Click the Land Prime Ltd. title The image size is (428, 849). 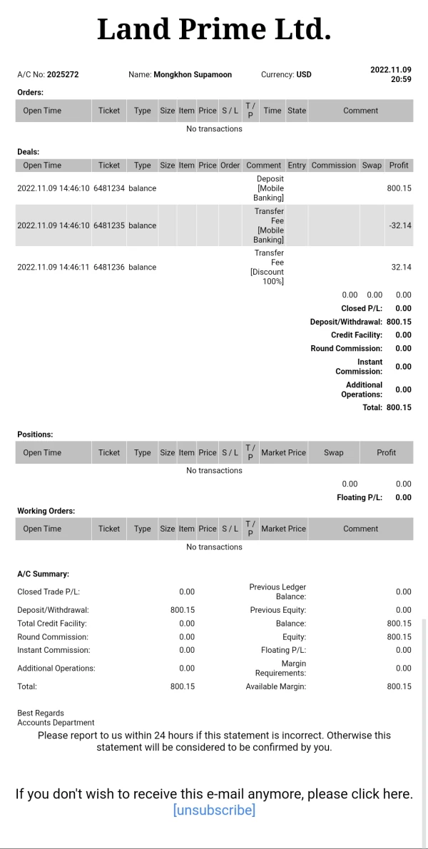[x=214, y=30]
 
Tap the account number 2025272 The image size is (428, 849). [x=63, y=75]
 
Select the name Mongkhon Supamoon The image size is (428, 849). [x=193, y=75]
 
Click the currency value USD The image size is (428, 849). [x=304, y=75]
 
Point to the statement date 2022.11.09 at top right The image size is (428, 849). [x=390, y=70]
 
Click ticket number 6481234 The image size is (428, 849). [x=109, y=188]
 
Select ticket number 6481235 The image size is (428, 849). [x=109, y=225]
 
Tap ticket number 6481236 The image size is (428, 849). [x=109, y=268]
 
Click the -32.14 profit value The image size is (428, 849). [x=400, y=225]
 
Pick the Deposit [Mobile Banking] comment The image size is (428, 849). [x=270, y=188]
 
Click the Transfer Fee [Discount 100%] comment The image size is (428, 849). [x=268, y=268]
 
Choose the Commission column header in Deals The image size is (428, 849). [x=333, y=166]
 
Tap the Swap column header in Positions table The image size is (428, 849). [x=333, y=453]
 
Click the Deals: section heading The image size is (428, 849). [x=29, y=152]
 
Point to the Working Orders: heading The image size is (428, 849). [x=46, y=512]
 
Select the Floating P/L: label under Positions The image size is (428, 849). [x=360, y=498]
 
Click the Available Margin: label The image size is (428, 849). [x=275, y=687]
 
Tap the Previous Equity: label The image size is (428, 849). [x=277, y=611]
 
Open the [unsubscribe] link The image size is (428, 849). [x=214, y=810]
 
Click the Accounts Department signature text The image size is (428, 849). [x=56, y=723]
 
